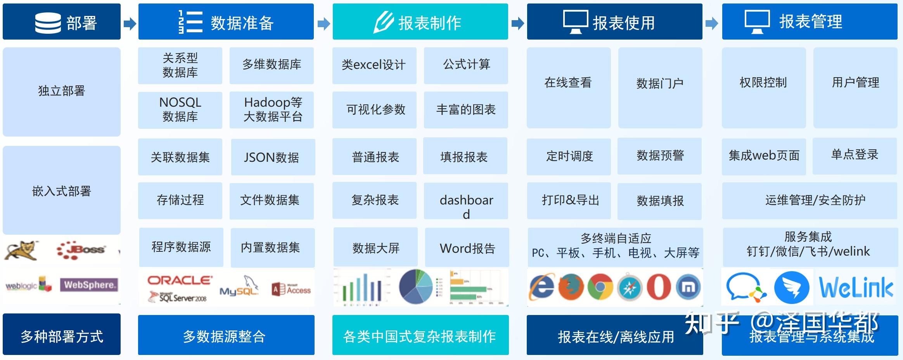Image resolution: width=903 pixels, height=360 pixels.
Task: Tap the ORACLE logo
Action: (180, 280)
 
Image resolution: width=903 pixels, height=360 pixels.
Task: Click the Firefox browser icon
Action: (571, 287)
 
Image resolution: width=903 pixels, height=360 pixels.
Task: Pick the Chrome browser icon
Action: (600, 287)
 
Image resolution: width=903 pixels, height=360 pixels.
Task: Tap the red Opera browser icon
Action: (659, 287)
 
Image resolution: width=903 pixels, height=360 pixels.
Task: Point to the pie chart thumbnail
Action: (416, 287)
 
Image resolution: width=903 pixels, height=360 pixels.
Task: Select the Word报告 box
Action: (467, 248)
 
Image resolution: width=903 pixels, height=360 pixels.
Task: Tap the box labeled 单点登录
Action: (855, 155)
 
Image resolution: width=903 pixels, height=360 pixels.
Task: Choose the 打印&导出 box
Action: (569, 200)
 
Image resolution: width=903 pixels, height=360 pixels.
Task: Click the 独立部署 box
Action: (62, 92)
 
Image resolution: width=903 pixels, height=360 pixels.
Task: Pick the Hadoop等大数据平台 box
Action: (272, 110)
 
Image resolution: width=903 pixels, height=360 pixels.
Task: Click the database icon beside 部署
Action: (48, 22)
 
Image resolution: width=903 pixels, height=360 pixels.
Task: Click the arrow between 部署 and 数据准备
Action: (130, 24)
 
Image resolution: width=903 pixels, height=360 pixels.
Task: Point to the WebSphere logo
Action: (89, 285)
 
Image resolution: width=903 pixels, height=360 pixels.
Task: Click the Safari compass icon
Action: (629, 287)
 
